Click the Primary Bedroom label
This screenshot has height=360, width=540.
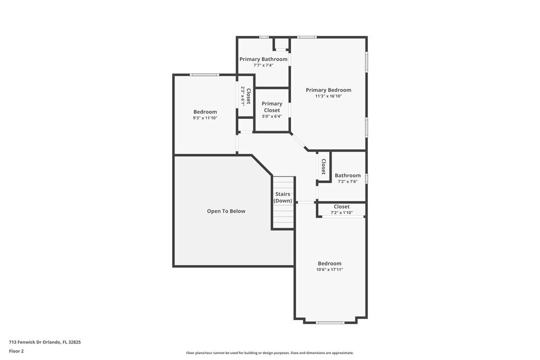(x=328, y=90)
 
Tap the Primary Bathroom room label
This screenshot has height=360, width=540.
(x=264, y=59)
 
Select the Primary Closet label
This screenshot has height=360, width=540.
(x=272, y=107)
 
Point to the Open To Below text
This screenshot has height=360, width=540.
(x=226, y=211)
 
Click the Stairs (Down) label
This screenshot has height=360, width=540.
(x=283, y=197)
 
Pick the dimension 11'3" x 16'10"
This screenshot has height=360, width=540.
(x=328, y=96)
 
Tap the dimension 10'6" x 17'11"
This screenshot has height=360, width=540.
(x=329, y=269)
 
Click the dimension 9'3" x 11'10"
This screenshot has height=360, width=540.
(x=205, y=118)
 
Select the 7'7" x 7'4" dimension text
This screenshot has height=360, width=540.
(x=264, y=65)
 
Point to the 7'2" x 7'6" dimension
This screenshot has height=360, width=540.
(x=347, y=181)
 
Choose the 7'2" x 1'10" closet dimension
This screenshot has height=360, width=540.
(x=341, y=213)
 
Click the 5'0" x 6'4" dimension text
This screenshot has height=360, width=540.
(x=272, y=116)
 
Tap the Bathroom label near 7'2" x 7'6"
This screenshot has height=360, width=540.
(x=348, y=175)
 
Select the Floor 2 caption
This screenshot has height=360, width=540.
(x=16, y=351)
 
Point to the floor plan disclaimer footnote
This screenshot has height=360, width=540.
(x=270, y=353)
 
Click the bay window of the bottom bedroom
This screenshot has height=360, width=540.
(x=330, y=323)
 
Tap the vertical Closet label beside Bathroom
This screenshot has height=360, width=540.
(x=323, y=166)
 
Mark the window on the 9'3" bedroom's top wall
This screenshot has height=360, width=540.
(x=205, y=74)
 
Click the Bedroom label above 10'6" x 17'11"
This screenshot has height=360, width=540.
(x=329, y=263)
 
